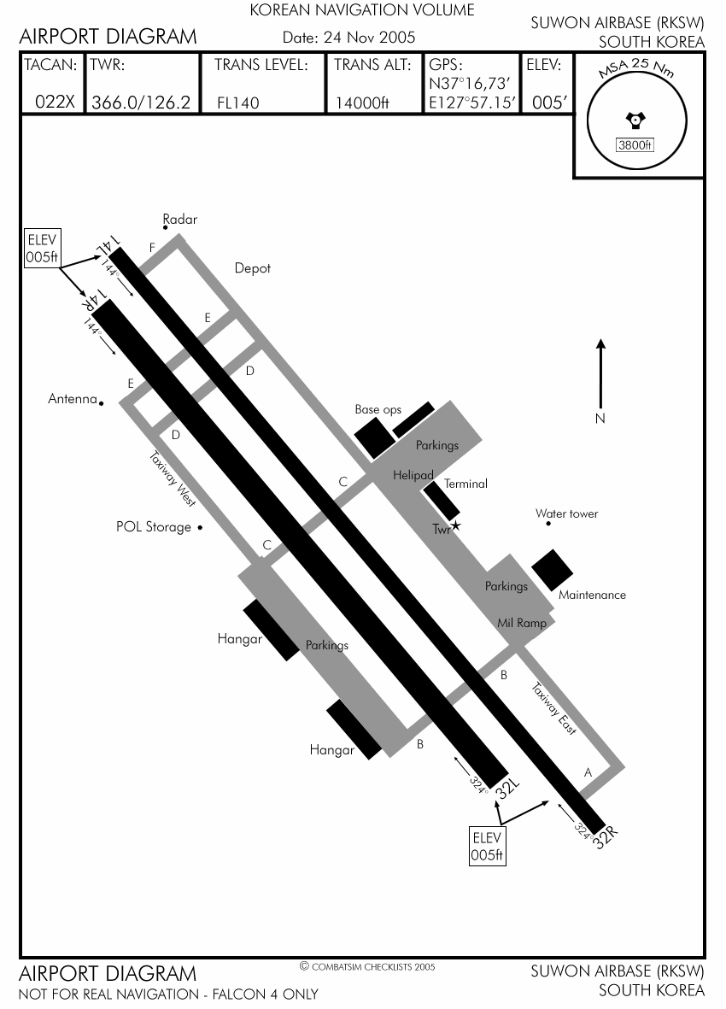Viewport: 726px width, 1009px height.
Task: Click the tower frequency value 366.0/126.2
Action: [x=141, y=103]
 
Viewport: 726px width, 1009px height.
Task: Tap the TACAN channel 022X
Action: [x=56, y=102]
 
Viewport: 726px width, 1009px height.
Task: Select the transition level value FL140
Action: [x=238, y=103]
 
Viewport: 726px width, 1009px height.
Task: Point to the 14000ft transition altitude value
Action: [x=362, y=103]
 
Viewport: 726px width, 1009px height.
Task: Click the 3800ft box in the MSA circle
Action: [x=635, y=144]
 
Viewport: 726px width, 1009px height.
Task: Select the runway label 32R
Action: [x=606, y=837]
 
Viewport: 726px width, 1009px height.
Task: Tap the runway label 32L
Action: [x=507, y=789]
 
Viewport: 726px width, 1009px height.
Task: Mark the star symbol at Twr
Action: [x=456, y=525]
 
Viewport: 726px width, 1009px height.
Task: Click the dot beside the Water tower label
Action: [x=548, y=524]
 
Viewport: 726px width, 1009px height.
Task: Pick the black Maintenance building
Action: [x=553, y=570]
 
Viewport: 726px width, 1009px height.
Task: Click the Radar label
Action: [x=180, y=220]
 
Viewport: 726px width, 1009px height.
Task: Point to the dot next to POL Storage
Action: [x=200, y=528]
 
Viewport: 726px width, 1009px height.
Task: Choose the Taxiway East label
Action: [x=553, y=708]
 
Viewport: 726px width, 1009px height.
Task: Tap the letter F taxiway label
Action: [x=152, y=248]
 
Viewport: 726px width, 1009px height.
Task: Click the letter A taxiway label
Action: [x=587, y=773]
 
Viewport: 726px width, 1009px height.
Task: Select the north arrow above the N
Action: [x=600, y=374]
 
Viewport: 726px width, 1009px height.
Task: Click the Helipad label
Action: [x=413, y=476]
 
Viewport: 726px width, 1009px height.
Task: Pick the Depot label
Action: [x=253, y=268]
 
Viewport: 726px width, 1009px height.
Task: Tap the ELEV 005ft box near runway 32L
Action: [x=487, y=846]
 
